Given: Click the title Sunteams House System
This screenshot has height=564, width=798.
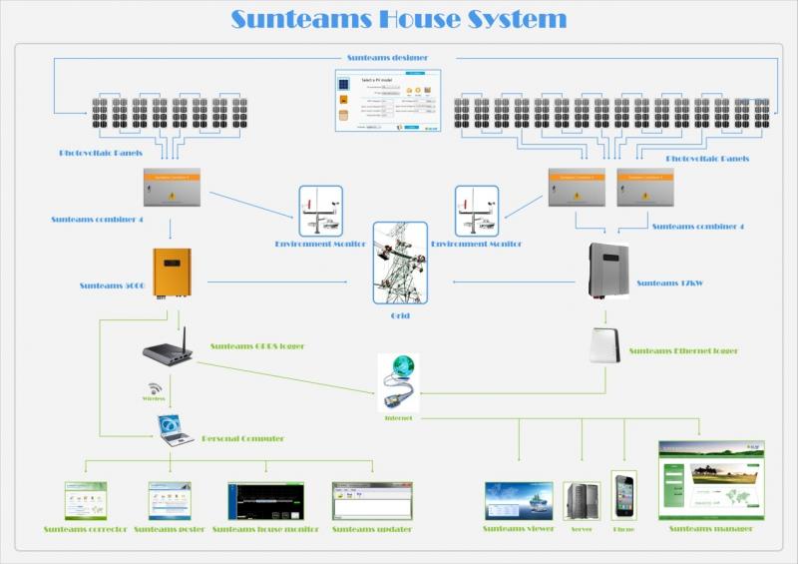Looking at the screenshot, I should tap(399, 19).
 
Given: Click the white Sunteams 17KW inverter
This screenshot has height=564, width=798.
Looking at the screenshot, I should tap(607, 270).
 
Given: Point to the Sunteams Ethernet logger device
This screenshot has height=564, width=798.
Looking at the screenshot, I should tap(605, 345).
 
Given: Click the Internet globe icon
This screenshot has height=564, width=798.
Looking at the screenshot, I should tap(398, 380).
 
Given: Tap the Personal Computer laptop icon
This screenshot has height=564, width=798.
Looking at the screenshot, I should tap(175, 430).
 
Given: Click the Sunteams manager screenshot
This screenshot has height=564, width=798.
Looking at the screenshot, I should tap(711, 479).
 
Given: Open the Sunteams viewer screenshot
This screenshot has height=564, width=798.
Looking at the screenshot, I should tap(519, 500).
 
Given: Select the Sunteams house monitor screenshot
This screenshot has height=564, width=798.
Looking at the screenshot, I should tap(265, 500).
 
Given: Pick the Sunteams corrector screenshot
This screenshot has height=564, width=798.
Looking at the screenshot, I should tap(85, 500).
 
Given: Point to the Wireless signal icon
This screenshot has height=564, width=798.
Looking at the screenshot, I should tap(155, 388).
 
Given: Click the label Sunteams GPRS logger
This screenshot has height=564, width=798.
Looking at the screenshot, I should tap(257, 346).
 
